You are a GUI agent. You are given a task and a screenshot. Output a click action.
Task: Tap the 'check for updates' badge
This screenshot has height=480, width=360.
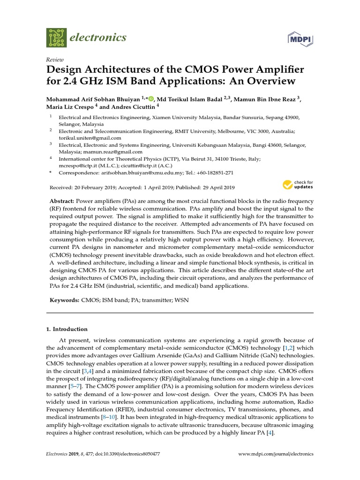(x=298, y=184)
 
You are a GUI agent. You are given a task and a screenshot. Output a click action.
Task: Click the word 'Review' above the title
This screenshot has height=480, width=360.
(x=55, y=60)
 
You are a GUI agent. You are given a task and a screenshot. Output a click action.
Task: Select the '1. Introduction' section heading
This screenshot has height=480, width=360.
(x=67, y=329)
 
